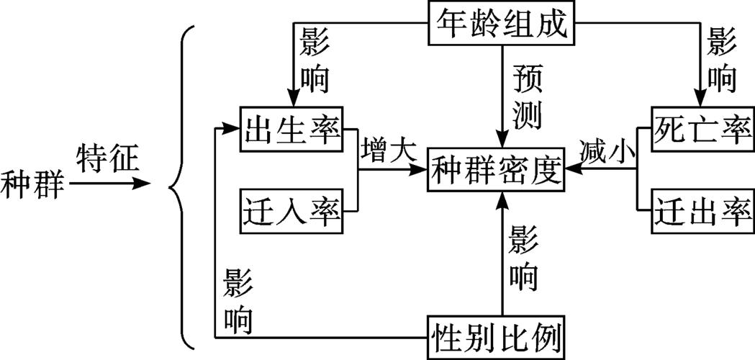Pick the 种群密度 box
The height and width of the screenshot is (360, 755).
point(497,171)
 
